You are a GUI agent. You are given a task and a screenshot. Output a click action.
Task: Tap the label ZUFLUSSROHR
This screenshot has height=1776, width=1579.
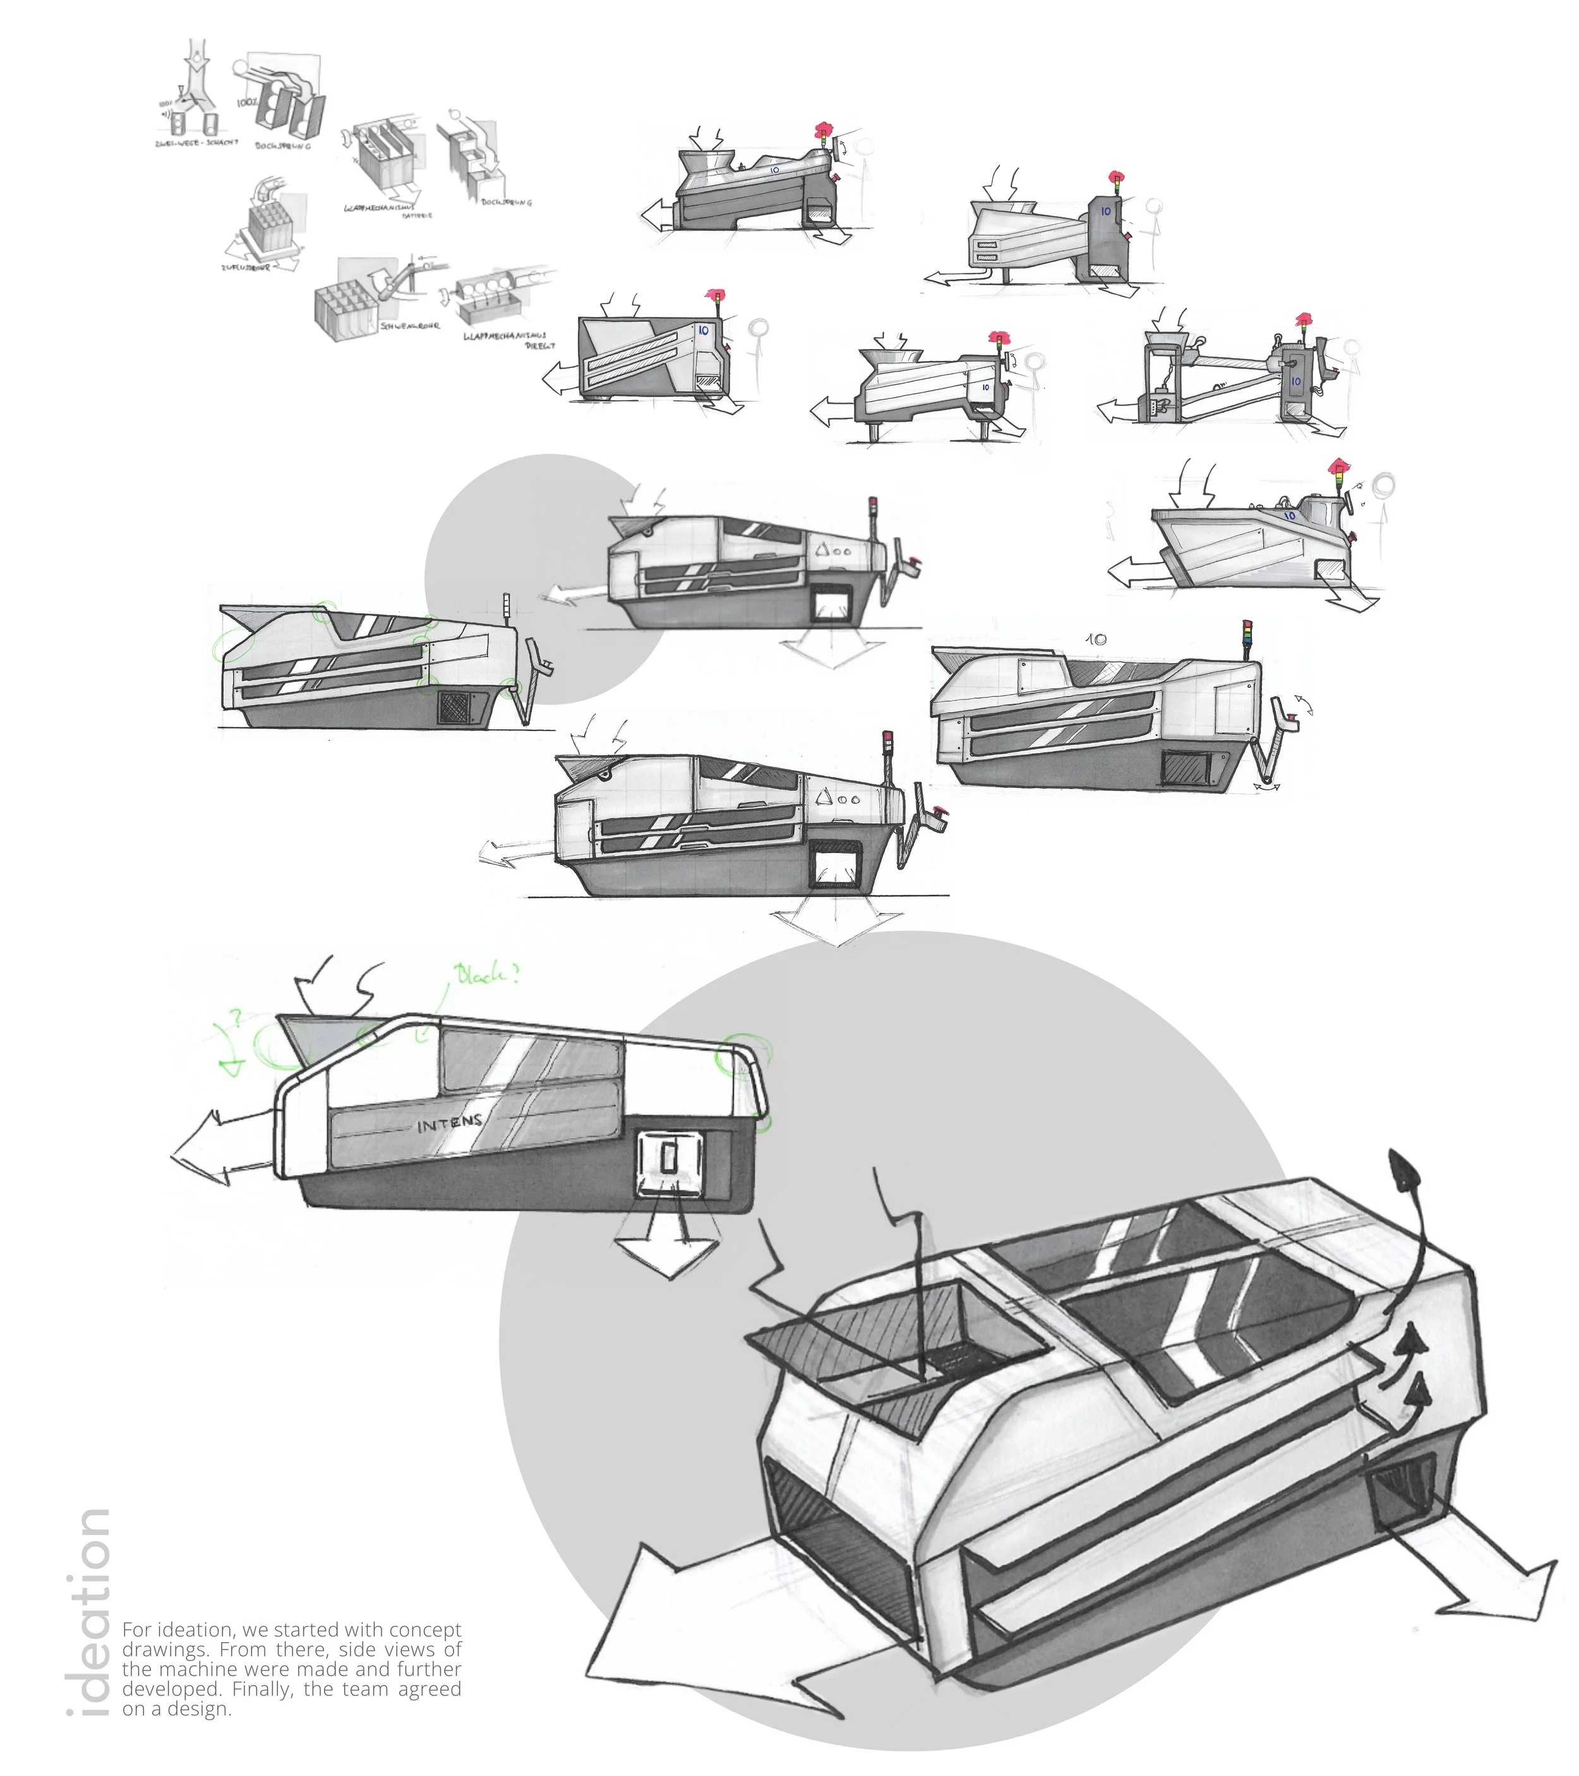click(x=246, y=268)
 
